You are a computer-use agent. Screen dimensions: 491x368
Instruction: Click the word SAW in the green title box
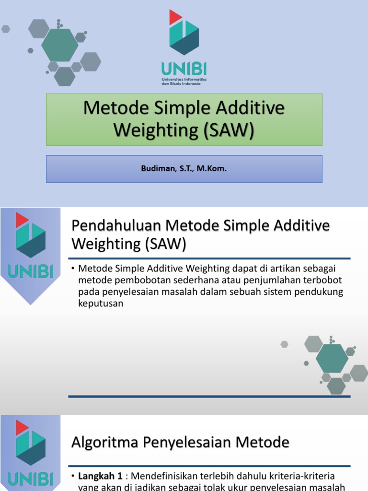coord(228,130)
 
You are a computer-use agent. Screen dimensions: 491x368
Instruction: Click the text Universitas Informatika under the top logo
coord(184,78)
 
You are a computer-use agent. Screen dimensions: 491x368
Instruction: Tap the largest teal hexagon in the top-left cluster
coord(59,45)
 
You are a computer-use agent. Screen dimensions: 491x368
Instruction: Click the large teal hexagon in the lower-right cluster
coord(332,358)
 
